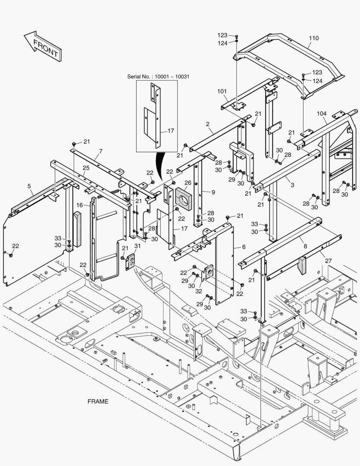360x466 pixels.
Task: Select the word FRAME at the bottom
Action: (x=98, y=401)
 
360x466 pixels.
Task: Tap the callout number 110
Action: (x=314, y=38)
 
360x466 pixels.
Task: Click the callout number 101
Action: (x=222, y=91)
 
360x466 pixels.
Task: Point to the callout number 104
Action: (x=322, y=113)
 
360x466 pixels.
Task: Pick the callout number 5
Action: (x=29, y=186)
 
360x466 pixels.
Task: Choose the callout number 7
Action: (x=100, y=151)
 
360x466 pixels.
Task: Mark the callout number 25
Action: (x=86, y=167)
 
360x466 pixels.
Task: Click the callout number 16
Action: (x=80, y=205)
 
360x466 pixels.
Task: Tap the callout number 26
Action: (x=188, y=183)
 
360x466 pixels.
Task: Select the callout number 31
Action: (x=138, y=246)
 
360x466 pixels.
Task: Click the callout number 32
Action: (x=199, y=291)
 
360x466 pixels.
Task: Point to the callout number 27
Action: (x=328, y=261)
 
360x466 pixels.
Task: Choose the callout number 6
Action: (x=244, y=247)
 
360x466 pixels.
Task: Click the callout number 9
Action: (x=213, y=192)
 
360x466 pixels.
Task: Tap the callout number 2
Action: (x=208, y=124)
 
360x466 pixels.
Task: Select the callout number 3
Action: (x=292, y=185)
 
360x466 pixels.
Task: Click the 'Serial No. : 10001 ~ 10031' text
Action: (x=158, y=76)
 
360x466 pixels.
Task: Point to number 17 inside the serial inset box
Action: (x=171, y=131)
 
